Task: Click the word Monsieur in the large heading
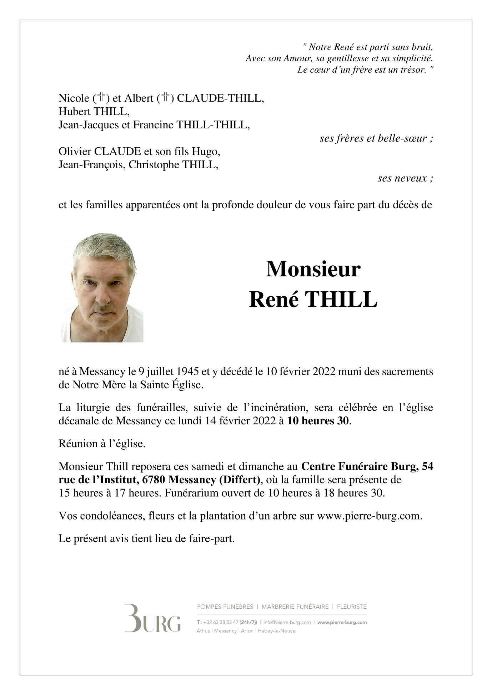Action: click(x=313, y=270)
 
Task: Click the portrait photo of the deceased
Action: click(x=102, y=288)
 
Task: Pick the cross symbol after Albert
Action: click(x=165, y=97)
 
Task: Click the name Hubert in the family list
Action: click(x=74, y=112)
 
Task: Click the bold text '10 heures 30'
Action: click(x=318, y=421)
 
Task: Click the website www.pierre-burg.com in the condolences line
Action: click(x=369, y=516)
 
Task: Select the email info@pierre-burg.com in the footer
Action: click(x=287, y=622)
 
